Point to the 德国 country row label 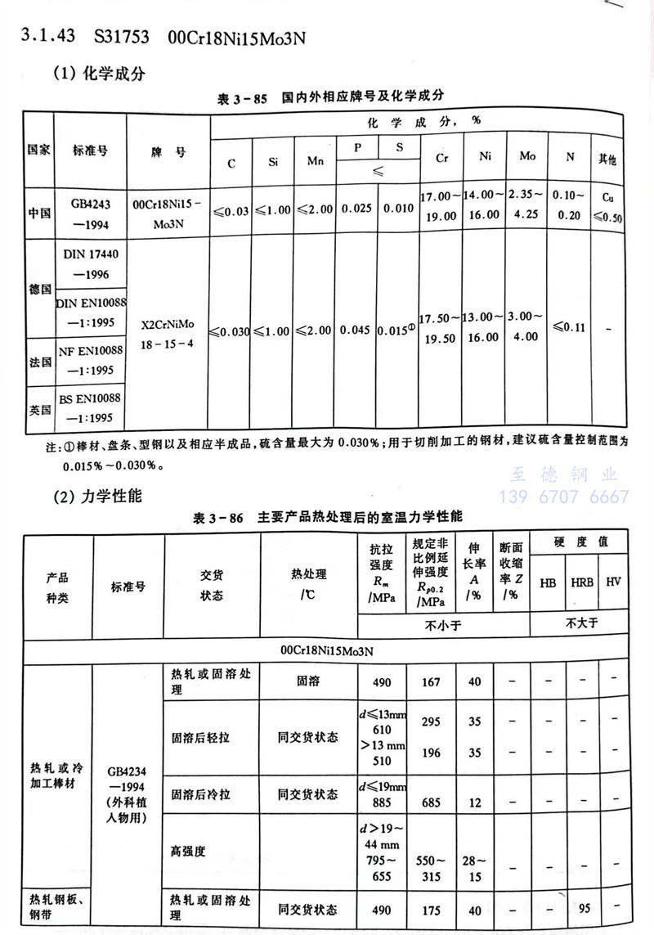[x=38, y=290]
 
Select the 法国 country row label [x=38, y=359]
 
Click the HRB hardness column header [x=582, y=583]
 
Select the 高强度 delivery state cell [x=188, y=851]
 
